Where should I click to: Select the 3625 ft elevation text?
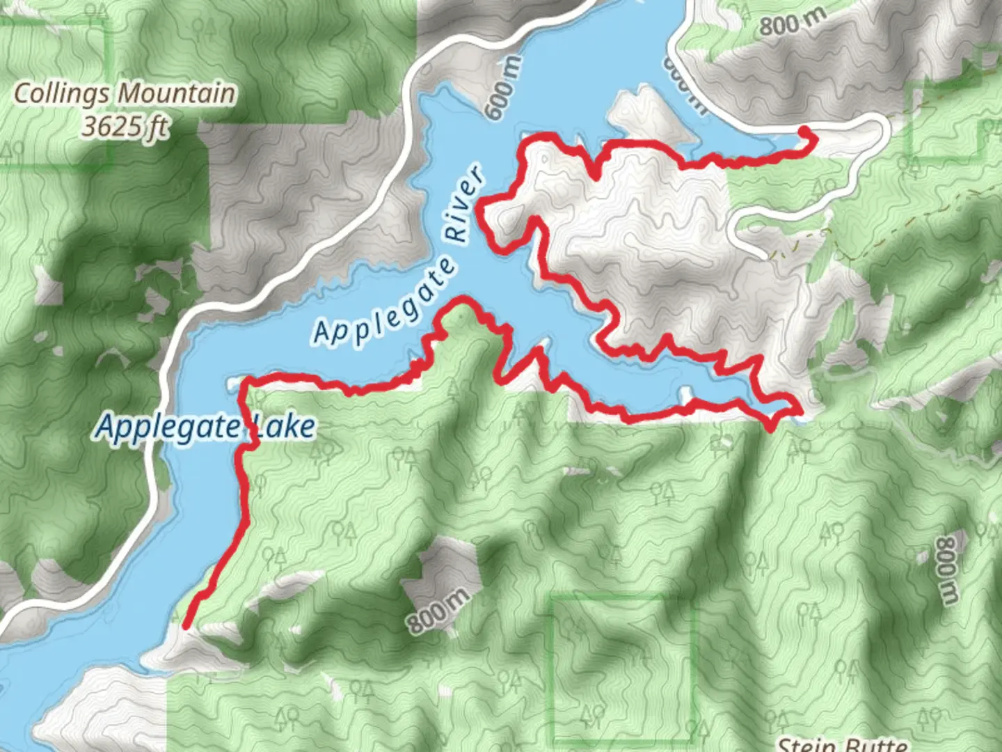pyautogui.click(x=125, y=127)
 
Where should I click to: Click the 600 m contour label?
pyautogui.click(x=504, y=88)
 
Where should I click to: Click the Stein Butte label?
pyautogui.click(x=842, y=744)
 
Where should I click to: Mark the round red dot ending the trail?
pyautogui.click(x=805, y=132)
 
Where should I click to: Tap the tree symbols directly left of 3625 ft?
pyautogui.click(x=14, y=148)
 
